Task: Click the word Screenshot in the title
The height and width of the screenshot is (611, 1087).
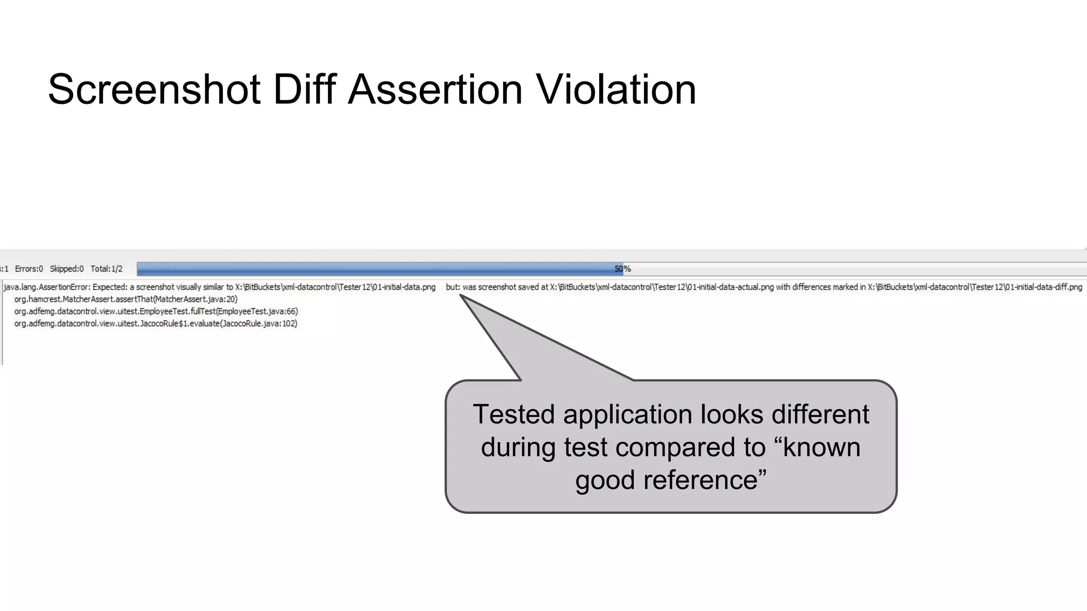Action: pos(154,90)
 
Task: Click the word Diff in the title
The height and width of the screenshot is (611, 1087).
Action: pos(304,90)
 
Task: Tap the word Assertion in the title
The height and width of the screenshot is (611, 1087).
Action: pos(435,90)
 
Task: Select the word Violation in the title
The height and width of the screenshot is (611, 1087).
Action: pos(616,90)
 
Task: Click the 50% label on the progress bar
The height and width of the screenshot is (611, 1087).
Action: pos(623,269)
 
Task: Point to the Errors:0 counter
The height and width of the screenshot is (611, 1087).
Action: pos(29,269)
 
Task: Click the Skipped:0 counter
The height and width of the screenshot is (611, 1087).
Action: pos(66,269)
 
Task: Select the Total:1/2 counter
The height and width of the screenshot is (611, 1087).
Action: pos(106,269)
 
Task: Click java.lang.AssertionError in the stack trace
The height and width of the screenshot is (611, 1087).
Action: pos(47,287)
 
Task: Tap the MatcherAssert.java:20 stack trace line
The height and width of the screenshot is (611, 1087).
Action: pos(126,299)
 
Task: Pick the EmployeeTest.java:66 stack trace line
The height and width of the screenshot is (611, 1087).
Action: pos(156,311)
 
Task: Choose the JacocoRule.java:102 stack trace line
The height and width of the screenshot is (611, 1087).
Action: pos(156,324)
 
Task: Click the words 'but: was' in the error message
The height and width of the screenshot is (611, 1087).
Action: pos(461,287)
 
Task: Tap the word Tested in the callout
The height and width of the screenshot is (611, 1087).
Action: pos(514,414)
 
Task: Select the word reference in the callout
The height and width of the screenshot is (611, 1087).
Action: pos(700,480)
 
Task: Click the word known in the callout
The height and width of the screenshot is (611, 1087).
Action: pos(822,447)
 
